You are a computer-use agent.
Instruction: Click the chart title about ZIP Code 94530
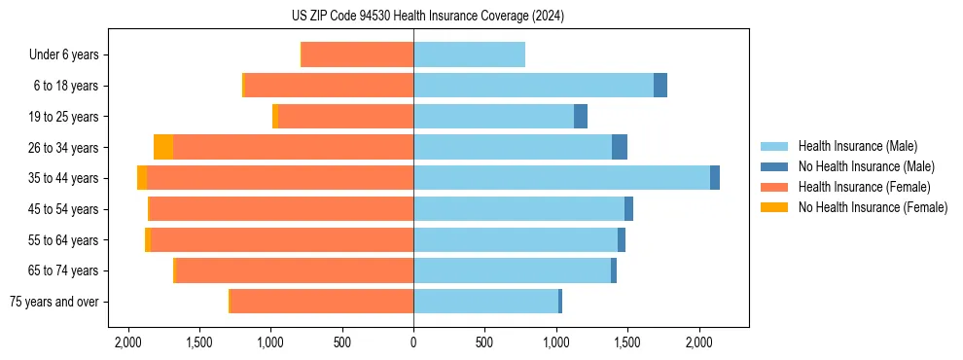point(481,17)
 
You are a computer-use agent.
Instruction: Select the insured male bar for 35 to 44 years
point(561,178)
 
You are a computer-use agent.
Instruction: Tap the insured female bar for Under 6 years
point(358,54)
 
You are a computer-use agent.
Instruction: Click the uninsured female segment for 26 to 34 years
point(163,147)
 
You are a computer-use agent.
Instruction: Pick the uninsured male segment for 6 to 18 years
point(660,86)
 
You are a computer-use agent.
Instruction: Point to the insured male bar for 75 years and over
point(486,302)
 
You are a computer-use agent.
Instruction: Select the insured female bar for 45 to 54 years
point(282,209)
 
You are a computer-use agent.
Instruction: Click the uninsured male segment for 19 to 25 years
point(581,117)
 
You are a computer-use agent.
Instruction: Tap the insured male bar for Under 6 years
point(469,54)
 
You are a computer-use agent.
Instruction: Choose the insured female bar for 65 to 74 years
point(295,270)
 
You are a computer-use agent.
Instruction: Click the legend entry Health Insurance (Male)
point(857,147)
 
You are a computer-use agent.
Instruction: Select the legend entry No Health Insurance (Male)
point(866,167)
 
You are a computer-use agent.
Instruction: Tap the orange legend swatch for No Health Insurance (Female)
point(774,207)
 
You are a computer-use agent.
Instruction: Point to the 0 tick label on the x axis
point(413,342)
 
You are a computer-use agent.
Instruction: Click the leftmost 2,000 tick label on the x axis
point(128,342)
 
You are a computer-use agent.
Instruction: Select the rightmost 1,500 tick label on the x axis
point(627,342)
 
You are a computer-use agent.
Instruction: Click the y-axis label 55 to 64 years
point(65,240)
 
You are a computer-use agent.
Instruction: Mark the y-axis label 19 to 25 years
point(65,117)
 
